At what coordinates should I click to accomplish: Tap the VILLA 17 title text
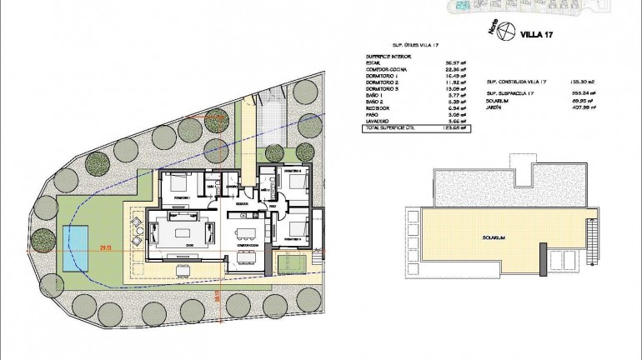coord(537,35)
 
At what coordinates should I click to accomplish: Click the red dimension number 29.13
coord(105,247)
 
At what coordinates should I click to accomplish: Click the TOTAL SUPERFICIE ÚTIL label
coord(389,128)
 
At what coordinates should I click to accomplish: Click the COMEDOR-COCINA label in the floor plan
coord(246,245)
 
